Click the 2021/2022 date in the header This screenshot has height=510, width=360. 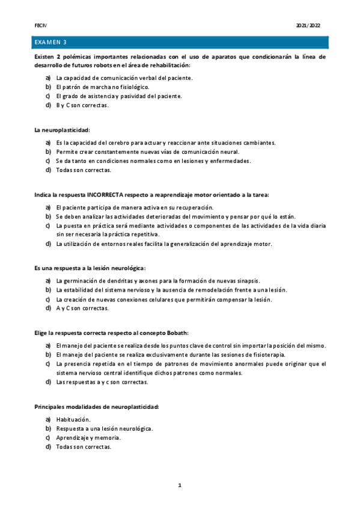coord(308,26)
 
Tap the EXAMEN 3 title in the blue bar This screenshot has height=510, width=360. coord(50,42)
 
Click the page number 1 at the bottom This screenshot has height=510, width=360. coord(179,484)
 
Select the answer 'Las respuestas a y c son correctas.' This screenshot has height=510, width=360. coord(102,382)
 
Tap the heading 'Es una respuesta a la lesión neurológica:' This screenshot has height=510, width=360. coord(90,268)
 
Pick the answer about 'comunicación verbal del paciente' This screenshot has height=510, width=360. coord(124,78)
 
